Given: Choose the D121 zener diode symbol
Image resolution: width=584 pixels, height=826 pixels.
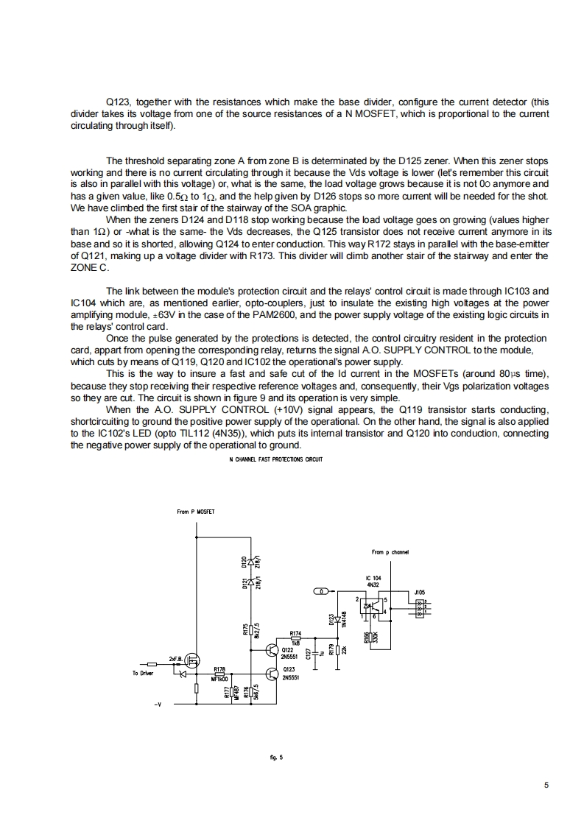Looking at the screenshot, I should click(252, 582).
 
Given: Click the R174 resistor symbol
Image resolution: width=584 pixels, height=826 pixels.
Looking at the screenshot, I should click(296, 638).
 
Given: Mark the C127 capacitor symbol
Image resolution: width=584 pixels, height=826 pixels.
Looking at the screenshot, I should click(315, 652).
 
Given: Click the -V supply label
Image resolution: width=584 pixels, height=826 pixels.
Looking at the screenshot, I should click(157, 705).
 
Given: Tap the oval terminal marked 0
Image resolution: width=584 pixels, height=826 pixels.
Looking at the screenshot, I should click(322, 591).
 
